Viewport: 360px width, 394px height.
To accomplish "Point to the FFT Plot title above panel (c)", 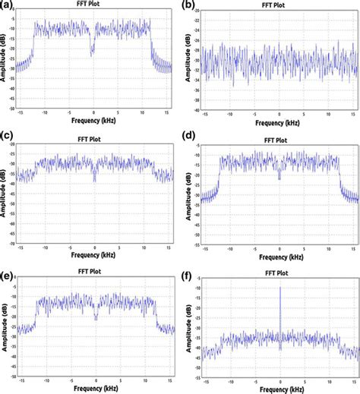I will [94, 139].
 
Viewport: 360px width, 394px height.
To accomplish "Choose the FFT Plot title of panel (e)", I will [94, 271].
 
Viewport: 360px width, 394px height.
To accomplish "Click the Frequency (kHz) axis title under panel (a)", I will [94, 121].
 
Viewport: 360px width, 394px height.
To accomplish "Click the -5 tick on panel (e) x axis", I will [70, 377].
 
